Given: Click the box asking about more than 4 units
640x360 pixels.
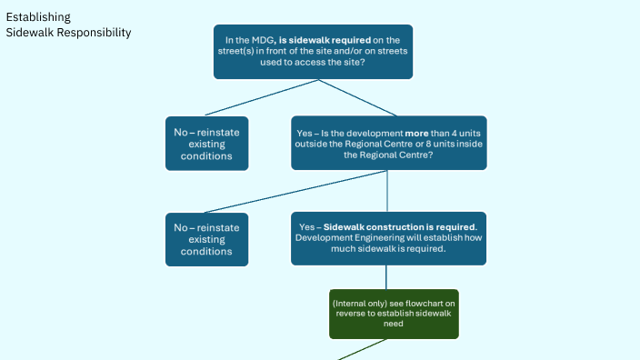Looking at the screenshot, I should pyautogui.click(x=388, y=143).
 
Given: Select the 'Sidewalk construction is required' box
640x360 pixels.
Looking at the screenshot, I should pyautogui.click(x=388, y=238).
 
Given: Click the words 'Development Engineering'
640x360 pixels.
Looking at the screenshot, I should pyautogui.click(x=342, y=238).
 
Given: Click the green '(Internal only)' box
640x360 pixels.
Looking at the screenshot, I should pyautogui.click(x=393, y=314).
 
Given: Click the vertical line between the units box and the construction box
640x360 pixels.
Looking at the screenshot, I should pyautogui.click(x=388, y=191).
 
